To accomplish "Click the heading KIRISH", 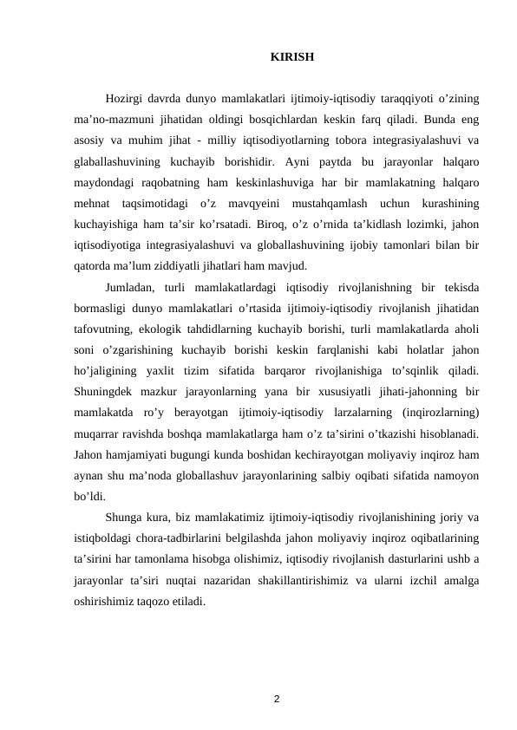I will click(x=292, y=58).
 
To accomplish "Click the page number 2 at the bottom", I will click(x=276, y=698).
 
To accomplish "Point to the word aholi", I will click(x=465, y=329).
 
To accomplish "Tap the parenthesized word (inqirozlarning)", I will click(x=442, y=412).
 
